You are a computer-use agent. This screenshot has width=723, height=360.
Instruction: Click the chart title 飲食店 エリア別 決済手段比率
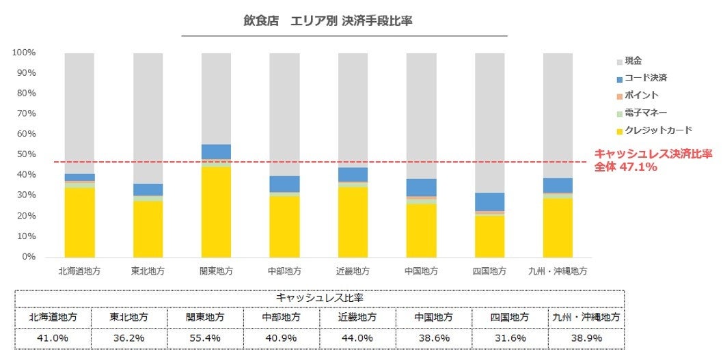327,21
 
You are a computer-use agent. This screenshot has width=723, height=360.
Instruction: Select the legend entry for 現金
633,61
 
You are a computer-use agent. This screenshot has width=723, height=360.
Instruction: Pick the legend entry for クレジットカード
653,130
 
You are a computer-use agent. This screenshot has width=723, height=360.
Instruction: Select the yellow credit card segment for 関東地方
216,211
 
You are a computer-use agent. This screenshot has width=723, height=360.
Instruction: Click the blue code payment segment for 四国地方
489,202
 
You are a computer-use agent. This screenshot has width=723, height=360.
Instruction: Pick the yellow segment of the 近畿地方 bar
353,221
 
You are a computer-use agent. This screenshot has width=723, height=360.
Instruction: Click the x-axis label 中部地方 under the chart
284,271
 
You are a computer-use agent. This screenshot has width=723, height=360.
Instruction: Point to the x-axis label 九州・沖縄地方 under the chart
558,271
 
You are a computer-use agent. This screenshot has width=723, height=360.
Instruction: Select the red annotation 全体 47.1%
625,166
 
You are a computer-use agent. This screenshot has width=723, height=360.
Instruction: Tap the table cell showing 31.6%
510,338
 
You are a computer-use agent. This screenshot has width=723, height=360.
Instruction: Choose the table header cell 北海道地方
53,318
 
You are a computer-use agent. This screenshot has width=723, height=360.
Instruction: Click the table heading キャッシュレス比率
319,298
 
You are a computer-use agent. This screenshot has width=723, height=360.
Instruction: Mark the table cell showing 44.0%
357,338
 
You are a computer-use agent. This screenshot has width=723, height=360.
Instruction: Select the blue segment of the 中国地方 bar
421,187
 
